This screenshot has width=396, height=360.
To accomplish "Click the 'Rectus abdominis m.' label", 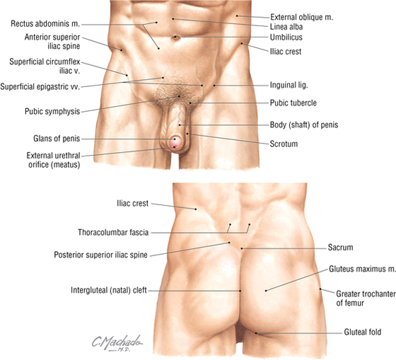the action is [45, 24].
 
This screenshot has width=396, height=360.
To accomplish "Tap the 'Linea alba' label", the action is [286, 27].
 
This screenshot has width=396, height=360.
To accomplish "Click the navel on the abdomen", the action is [177, 37].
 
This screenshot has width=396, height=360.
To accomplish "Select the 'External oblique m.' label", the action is [301, 17].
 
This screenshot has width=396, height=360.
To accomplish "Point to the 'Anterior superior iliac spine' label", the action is [52, 42].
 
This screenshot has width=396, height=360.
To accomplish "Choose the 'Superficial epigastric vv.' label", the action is [40, 87].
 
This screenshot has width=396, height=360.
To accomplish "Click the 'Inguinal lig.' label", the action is [289, 85].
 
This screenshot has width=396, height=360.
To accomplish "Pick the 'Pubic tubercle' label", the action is [293, 103].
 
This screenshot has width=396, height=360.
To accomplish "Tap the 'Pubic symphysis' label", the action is [52, 112].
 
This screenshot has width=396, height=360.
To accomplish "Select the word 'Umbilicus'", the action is [286, 37].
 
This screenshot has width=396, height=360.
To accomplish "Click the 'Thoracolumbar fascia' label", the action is [113, 232].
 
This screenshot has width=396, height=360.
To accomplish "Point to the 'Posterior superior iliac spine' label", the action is [100, 255].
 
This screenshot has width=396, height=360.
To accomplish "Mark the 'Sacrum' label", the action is [340, 247].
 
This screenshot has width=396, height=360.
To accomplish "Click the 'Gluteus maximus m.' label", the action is [362, 269].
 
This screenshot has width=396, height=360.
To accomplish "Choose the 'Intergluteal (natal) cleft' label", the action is [109, 290].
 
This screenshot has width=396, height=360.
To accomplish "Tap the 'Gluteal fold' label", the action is [362, 332].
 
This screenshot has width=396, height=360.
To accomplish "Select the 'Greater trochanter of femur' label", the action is [366, 298].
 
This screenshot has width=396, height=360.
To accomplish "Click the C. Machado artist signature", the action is [117, 343].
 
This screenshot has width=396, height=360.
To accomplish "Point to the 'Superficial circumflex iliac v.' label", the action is [45, 66].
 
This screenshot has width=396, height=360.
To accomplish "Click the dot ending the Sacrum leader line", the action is [242, 248].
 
